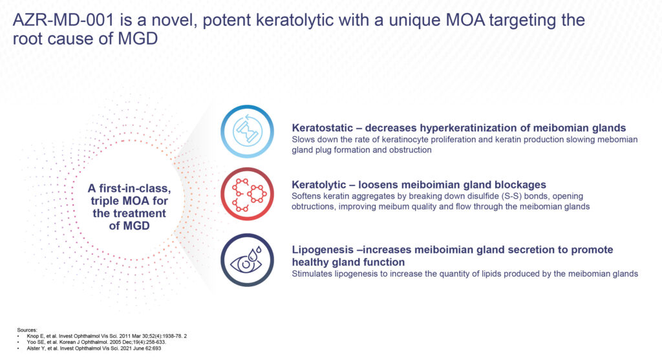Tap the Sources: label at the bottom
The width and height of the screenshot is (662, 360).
(x=27, y=330)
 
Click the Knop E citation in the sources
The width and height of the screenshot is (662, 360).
(x=107, y=336)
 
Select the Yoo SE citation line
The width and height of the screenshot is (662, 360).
(x=96, y=343)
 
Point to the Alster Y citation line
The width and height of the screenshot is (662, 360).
(x=94, y=348)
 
